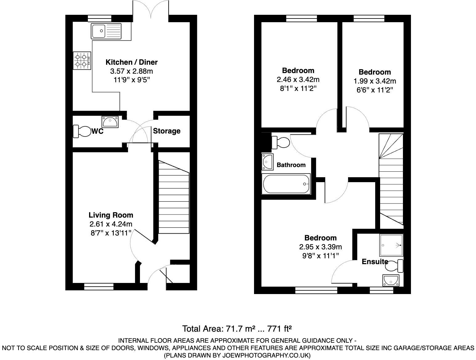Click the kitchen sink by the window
106,31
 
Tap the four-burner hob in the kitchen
82,60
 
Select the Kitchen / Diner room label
132,62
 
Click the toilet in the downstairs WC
81,131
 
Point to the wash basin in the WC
110,122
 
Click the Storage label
166,131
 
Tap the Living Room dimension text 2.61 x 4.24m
111,224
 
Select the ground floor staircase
174,197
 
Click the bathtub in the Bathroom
286,184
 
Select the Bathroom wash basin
267,162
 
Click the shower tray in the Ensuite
391,245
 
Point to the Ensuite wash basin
391,280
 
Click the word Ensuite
375,262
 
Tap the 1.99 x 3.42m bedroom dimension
375,81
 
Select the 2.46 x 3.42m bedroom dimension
298,80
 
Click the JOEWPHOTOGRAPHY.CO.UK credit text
237,355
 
